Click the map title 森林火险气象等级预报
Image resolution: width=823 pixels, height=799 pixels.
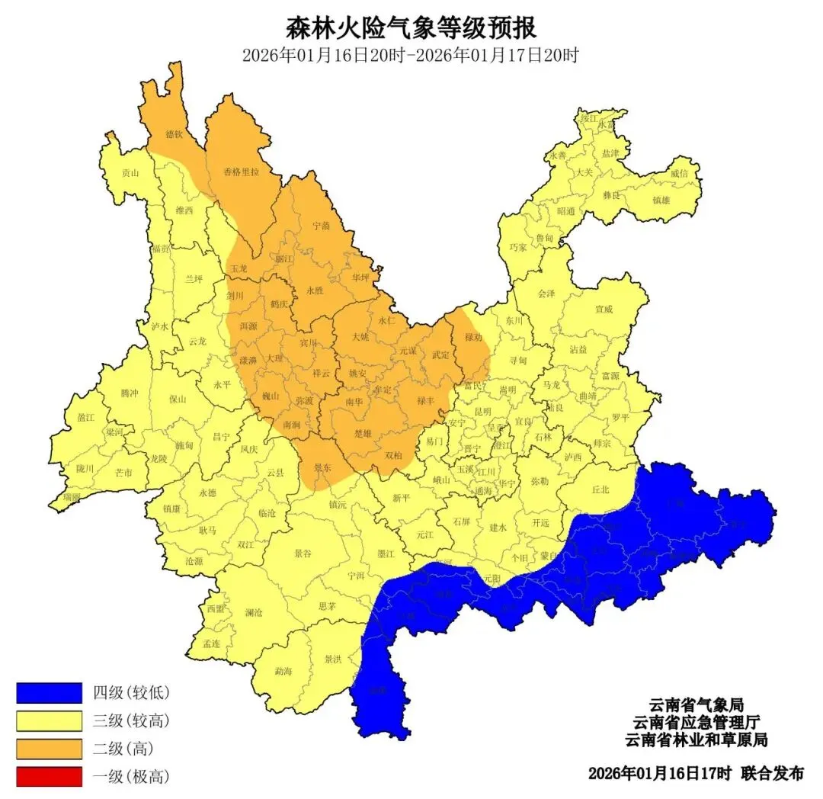point(411,28)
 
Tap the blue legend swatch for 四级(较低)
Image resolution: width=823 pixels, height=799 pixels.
point(49,692)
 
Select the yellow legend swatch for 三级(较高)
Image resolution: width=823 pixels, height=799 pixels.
point(49,720)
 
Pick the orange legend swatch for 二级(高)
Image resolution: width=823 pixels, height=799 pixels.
point(49,749)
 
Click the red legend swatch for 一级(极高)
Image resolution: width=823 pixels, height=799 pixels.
point(49,777)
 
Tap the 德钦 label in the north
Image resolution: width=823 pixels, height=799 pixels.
point(174,134)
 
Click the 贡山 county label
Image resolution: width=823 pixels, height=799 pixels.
point(131,173)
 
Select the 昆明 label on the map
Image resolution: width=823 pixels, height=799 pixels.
point(483,411)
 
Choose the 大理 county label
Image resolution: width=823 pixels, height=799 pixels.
point(274,357)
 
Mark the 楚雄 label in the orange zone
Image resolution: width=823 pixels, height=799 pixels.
point(364,433)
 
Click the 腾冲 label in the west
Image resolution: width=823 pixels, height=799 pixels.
point(130,393)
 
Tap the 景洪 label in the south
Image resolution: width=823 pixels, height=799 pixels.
point(333,659)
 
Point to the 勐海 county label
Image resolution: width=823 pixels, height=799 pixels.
point(283,672)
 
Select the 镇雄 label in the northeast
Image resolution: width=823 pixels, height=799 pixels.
point(661,201)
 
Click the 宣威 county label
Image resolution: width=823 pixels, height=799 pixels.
point(604,310)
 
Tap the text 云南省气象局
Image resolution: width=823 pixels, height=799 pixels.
point(695,704)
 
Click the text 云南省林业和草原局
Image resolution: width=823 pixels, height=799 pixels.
point(695,740)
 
